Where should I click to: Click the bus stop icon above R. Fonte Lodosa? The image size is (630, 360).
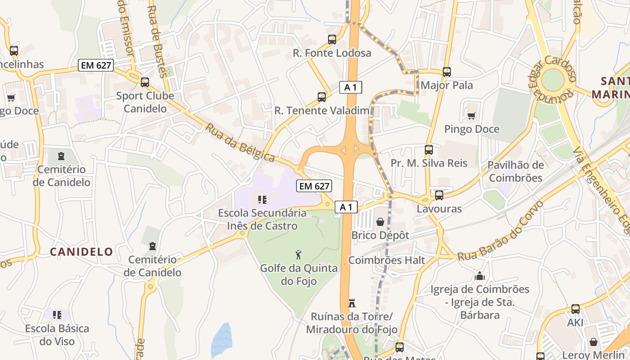click(332, 40)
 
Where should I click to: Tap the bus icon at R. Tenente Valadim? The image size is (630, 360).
click(322, 97)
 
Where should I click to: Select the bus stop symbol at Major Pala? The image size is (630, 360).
click(447, 72)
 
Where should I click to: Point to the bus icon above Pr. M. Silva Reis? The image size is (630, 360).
click(429, 150)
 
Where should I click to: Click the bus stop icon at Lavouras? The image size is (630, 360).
click(439, 195)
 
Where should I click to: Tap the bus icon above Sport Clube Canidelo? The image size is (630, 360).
click(145, 82)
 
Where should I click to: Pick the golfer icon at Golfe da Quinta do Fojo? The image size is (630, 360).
click(298, 255)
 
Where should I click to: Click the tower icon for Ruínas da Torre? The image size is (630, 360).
click(352, 303)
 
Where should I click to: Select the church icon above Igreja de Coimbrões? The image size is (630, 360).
click(480, 276)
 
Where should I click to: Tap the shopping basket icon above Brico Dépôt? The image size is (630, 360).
click(380, 222)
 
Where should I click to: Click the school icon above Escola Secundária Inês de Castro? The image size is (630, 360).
click(262, 199)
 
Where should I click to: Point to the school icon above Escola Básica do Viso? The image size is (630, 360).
click(57, 315)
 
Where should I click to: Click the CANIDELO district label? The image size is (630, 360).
click(81, 252)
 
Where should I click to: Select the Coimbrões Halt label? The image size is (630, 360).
click(387, 260)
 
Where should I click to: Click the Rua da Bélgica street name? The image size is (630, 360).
click(240, 143)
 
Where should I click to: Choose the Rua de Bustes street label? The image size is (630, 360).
click(157, 40)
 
